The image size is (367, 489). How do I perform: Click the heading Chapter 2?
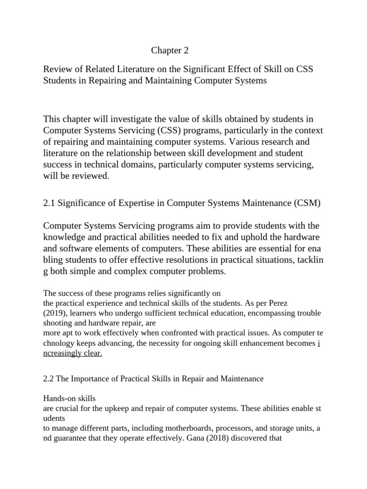[167, 51]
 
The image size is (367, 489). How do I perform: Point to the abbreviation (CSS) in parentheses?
[151, 130]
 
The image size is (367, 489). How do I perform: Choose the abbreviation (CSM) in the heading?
[305, 202]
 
